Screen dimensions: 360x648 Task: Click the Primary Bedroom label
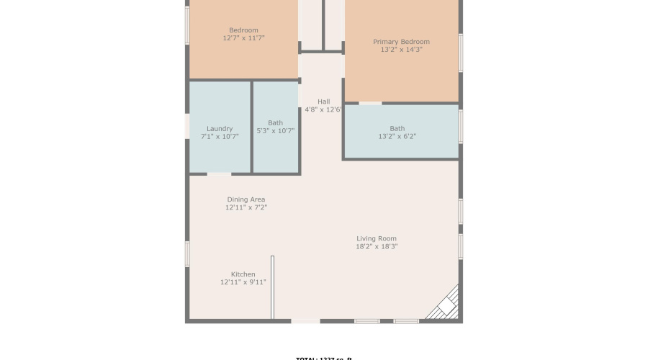(401, 42)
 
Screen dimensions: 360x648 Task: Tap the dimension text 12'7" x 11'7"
(243, 38)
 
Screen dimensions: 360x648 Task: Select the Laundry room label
(220, 129)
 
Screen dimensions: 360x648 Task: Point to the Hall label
(323, 102)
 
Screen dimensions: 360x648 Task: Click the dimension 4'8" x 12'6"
(323, 110)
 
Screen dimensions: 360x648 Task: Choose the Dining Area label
(246, 199)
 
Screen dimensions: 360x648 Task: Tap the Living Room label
(377, 238)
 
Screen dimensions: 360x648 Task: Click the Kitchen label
(243, 274)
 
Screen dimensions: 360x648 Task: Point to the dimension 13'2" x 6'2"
(397, 137)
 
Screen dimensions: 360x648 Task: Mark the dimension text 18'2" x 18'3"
(377, 247)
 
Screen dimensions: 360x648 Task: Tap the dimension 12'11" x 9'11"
(243, 283)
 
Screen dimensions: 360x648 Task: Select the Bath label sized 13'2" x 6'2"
(397, 129)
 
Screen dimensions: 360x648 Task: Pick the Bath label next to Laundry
(275, 122)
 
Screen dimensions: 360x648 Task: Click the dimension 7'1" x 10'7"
(220, 137)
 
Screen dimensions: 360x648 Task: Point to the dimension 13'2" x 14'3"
(401, 50)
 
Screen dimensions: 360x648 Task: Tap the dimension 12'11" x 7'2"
(246, 208)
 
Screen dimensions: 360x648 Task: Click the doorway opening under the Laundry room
(220, 174)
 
